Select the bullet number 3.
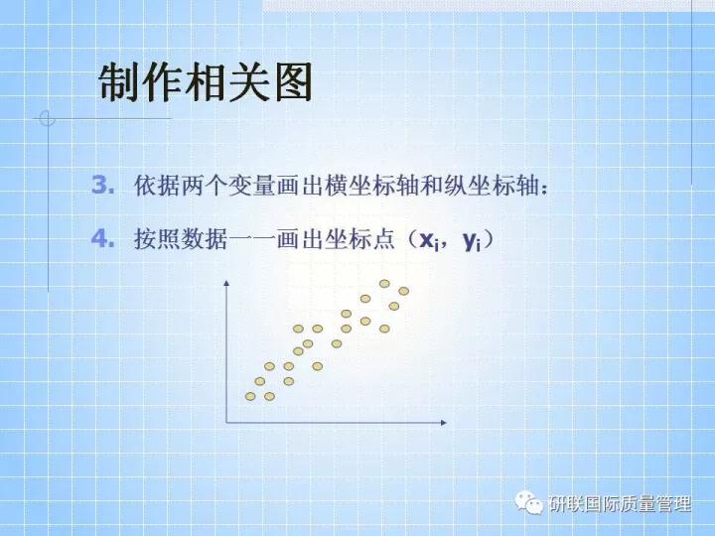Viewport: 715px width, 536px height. pyautogui.click(x=103, y=185)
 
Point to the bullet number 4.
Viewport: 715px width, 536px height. pyautogui.click(x=103, y=239)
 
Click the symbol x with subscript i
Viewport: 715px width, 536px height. pyautogui.click(x=429, y=241)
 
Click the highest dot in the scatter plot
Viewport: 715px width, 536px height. pyautogui.click(x=384, y=284)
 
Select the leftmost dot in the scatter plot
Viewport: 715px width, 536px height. pyautogui.click(x=250, y=397)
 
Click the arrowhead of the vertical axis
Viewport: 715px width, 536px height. pyautogui.click(x=227, y=285)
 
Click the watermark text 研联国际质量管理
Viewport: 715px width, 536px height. pyautogui.click(x=620, y=505)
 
